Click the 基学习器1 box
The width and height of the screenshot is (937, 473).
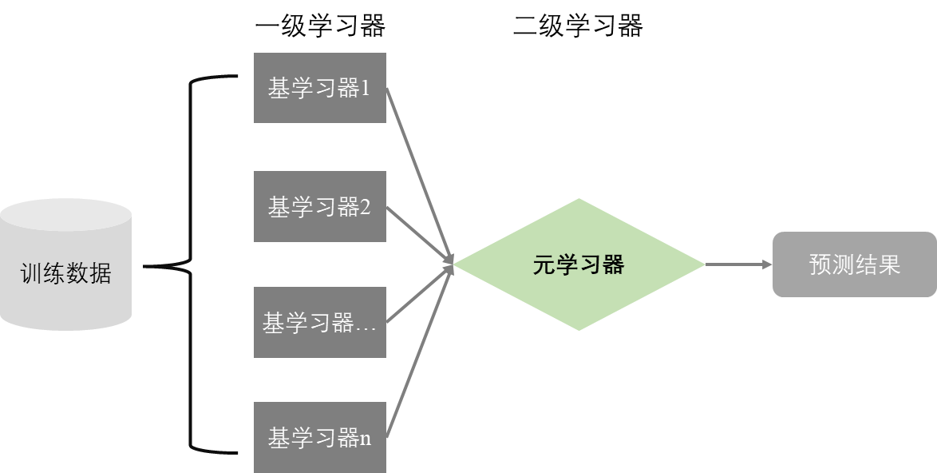point(319,88)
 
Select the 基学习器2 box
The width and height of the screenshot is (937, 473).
point(319,206)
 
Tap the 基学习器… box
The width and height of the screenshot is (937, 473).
point(319,323)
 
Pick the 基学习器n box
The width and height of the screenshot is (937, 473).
point(319,438)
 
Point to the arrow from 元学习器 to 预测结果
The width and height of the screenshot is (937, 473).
point(738,264)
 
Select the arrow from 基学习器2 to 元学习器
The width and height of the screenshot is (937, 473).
point(419,236)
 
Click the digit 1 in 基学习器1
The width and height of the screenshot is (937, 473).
point(366,89)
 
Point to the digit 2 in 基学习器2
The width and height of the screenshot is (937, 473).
point(366,207)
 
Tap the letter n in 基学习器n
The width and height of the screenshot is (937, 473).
point(366,439)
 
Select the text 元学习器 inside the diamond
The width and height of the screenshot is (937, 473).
point(579,265)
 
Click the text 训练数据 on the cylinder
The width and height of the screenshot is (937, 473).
point(65,274)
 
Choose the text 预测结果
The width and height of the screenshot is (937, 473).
point(854,264)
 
